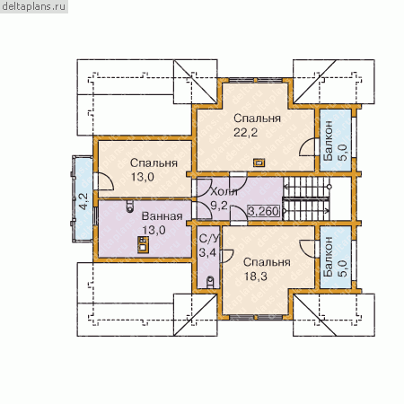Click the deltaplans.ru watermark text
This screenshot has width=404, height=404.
click(x=33, y=6)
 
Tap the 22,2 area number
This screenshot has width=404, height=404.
click(x=245, y=132)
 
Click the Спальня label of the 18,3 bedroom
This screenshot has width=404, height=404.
click(x=267, y=262)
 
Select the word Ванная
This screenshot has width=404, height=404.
click(x=162, y=216)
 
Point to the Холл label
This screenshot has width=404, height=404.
click(x=224, y=191)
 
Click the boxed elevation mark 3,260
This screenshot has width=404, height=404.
click(x=263, y=211)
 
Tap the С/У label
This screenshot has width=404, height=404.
click(x=209, y=239)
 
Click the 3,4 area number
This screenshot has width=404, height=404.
click(x=207, y=253)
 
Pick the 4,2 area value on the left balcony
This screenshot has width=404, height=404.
click(x=83, y=201)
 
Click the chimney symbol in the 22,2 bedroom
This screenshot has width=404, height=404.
click(x=259, y=162)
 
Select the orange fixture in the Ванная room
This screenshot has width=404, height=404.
click(x=143, y=245)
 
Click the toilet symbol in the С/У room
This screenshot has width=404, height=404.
click(x=210, y=282)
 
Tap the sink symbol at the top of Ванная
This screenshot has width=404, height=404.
click(x=130, y=206)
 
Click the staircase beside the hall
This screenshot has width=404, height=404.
click(x=306, y=198)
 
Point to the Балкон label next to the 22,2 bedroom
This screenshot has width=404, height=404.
click(x=329, y=141)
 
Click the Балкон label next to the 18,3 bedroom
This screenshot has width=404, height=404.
click(x=329, y=257)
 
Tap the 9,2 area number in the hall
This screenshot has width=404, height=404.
click(x=219, y=206)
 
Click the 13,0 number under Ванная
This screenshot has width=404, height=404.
click(x=154, y=231)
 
